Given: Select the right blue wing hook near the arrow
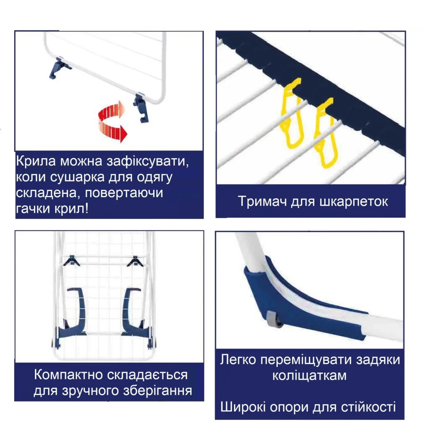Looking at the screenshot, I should [x=142, y=108].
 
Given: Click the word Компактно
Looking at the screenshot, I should [x=68, y=375].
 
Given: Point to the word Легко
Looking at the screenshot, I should [x=238, y=359].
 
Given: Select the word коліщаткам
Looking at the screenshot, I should [x=309, y=376].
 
